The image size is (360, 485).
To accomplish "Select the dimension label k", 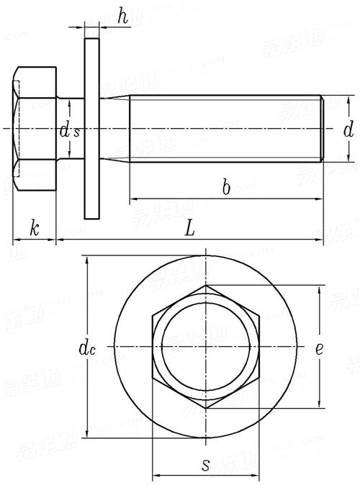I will (34, 229).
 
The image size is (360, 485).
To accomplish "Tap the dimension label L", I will (189, 229).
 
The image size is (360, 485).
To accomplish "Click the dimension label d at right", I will (348, 130).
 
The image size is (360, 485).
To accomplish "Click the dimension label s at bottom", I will (206, 464).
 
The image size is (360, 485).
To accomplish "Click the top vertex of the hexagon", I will (206, 286).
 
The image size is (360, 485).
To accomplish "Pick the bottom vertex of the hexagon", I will (206, 408).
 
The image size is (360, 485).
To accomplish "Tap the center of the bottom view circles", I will (206, 347).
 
